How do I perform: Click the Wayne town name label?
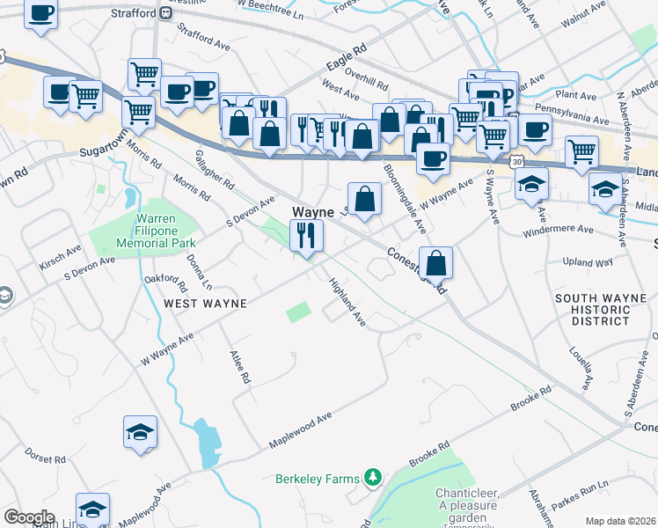(x=312, y=212)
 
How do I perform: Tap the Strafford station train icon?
(x=165, y=13)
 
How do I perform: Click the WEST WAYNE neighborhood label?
(x=204, y=303)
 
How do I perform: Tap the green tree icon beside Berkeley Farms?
(x=374, y=478)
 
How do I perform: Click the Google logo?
(x=28, y=517)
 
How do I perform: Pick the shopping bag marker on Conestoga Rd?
(x=436, y=261)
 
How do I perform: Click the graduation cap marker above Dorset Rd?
(x=140, y=432)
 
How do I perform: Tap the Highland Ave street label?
(x=347, y=304)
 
